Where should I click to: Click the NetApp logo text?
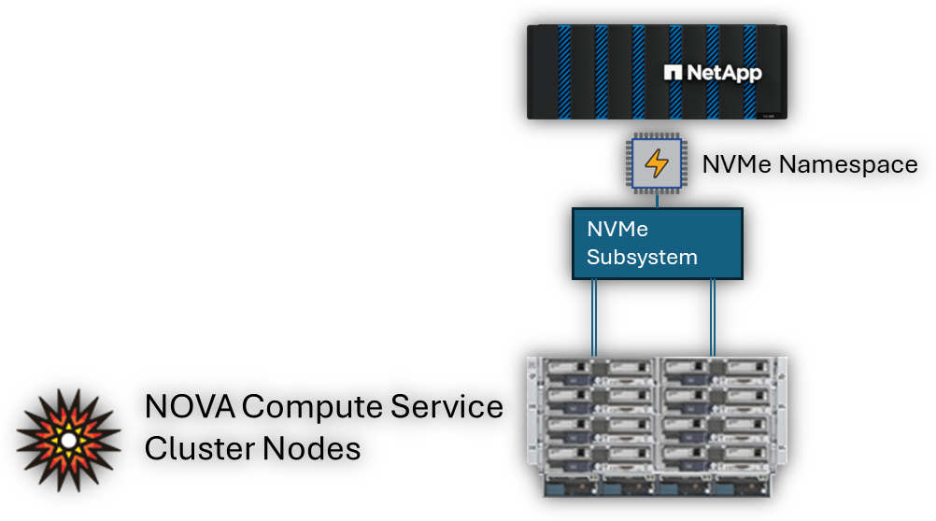click(x=724, y=74)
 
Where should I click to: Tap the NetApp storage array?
click(x=657, y=72)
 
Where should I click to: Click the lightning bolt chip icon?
click(x=657, y=162)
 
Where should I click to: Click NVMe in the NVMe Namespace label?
click(x=737, y=164)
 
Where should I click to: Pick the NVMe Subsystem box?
click(x=658, y=244)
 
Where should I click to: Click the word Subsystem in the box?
click(x=642, y=257)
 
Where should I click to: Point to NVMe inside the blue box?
click(x=617, y=229)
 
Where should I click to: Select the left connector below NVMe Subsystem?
click(x=594, y=318)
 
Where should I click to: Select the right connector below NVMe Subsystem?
click(x=713, y=318)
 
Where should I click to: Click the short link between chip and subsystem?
click(x=658, y=201)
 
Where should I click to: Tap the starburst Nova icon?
click(x=68, y=441)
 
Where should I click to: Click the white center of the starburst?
click(x=68, y=441)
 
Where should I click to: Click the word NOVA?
click(x=190, y=407)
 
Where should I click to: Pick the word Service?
click(x=447, y=407)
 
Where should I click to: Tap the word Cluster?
click(x=199, y=449)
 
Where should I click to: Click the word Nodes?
click(x=311, y=449)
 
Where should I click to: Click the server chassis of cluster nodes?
click(x=657, y=427)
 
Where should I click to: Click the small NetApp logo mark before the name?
click(x=673, y=73)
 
